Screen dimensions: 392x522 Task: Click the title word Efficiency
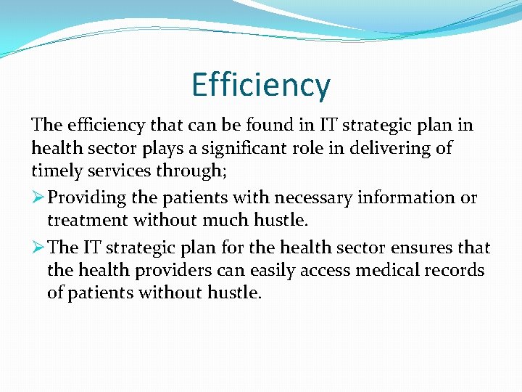[261, 86]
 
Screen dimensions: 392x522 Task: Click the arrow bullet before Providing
[38, 197]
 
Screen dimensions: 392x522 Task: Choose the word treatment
[85, 219]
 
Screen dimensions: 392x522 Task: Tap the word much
[207, 219]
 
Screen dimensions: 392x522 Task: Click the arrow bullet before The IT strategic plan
[38, 248]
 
